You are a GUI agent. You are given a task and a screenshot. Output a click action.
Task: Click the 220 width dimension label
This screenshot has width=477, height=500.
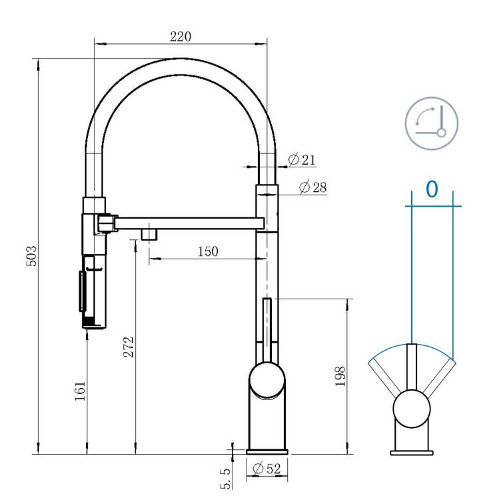pyautogui.click(x=181, y=37)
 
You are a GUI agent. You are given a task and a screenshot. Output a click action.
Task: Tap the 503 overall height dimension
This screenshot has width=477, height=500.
pyautogui.click(x=31, y=256)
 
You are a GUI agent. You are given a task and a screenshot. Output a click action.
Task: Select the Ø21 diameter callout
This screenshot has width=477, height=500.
pyautogui.click(x=301, y=159)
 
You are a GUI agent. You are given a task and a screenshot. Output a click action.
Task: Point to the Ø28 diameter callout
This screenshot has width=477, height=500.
pyautogui.click(x=313, y=187)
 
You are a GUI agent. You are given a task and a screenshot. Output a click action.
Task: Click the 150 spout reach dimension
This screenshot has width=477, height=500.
pyautogui.click(x=208, y=251)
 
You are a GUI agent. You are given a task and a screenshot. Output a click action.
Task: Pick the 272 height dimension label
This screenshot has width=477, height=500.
pyautogui.click(x=129, y=347)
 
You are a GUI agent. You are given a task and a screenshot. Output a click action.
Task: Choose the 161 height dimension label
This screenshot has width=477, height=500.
pyautogui.click(x=80, y=391)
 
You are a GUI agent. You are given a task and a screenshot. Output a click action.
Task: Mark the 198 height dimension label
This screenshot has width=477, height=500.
pyautogui.click(x=340, y=376)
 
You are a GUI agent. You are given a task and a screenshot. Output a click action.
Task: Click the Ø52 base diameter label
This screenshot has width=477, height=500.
pyautogui.click(x=266, y=469)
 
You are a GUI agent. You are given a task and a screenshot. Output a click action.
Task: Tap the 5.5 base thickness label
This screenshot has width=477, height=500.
pyautogui.click(x=225, y=478)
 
